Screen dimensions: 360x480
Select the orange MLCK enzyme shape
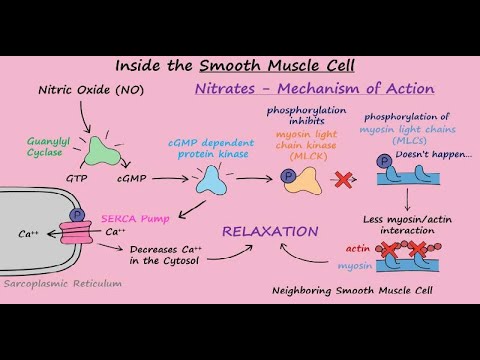[x=301, y=180]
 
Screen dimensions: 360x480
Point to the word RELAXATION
[x=270, y=231]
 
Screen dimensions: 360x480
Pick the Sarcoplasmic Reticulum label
[x=61, y=283]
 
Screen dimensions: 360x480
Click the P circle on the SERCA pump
[x=78, y=215]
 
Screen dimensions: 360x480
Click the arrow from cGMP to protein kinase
[x=162, y=177]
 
